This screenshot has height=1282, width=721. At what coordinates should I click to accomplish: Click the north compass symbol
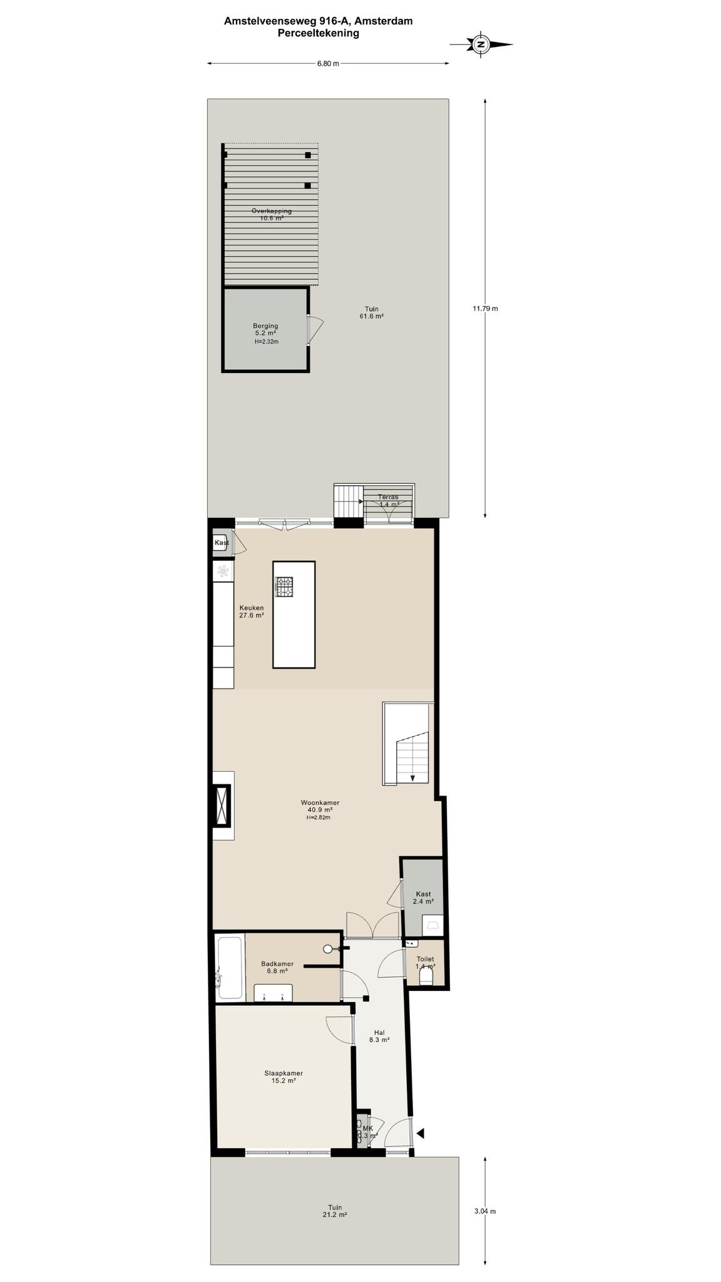coord(481,44)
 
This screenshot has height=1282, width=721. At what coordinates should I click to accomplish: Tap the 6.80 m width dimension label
coord(328,63)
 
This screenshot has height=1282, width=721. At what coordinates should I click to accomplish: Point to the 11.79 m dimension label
coord(485,308)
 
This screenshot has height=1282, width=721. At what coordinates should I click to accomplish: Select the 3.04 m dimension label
coord(485,1211)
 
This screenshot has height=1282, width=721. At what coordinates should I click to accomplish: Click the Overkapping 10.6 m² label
coord(272,214)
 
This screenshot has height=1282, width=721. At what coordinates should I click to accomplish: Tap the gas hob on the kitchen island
coord(284,587)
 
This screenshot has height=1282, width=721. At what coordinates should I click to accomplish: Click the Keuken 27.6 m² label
coord(252,611)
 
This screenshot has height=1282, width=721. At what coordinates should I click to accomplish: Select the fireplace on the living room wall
coord(222,806)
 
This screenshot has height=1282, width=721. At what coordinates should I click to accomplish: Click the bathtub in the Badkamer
coord(229,967)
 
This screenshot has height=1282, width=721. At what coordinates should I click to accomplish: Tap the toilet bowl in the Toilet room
coord(426,975)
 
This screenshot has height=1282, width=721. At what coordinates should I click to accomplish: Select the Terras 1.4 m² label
coord(389,500)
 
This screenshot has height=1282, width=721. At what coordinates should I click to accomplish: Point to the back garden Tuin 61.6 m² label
coord(372,312)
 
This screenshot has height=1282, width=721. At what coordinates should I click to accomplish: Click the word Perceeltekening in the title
coord(319,33)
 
